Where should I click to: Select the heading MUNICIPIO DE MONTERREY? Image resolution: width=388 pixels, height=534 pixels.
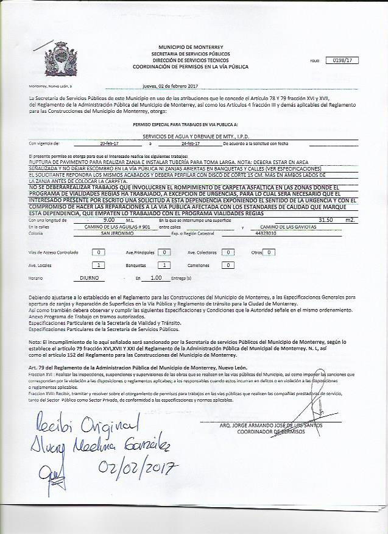191,47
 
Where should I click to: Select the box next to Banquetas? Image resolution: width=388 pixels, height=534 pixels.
163,265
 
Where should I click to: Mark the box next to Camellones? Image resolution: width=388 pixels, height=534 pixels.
227,265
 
